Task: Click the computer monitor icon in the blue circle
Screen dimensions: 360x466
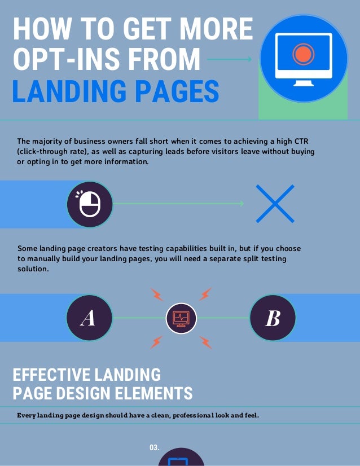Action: pos(303,58)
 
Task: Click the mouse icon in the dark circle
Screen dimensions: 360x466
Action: pos(90,204)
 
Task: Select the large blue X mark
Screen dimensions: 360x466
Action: pos(275,204)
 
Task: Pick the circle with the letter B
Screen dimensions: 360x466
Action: pos(272,318)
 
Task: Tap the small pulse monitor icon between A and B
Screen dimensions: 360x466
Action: pos(181,318)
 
